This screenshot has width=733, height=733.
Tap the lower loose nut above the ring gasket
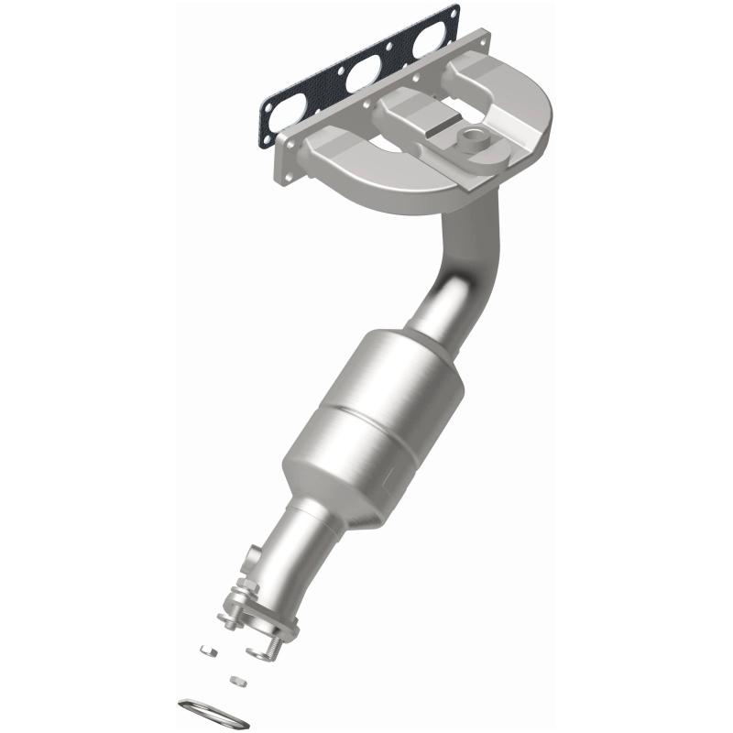(236, 680)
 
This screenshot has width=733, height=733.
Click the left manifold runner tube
(336, 151)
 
